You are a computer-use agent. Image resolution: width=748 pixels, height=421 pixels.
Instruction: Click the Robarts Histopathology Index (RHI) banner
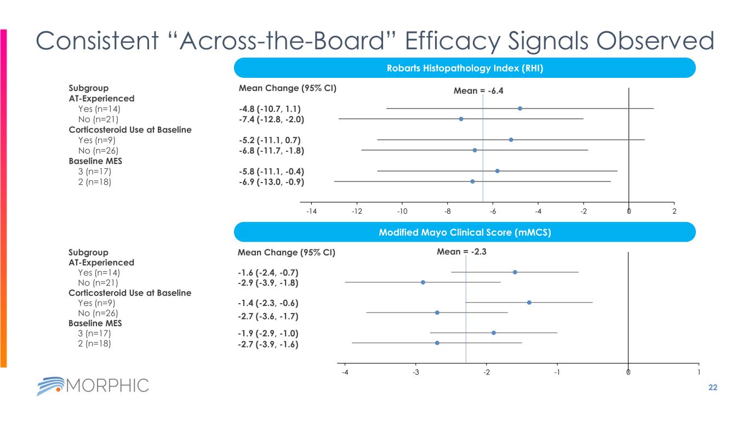point(465,68)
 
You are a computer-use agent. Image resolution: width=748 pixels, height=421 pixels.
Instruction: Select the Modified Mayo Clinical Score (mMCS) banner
point(465,232)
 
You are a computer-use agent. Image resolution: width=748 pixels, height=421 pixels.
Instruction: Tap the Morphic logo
point(93,385)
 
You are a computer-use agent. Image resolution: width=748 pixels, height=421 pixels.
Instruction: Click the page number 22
point(713,388)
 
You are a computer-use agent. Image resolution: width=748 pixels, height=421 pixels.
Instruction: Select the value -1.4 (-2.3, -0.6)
point(268,303)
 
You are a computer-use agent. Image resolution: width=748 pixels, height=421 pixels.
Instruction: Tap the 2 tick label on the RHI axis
point(674,212)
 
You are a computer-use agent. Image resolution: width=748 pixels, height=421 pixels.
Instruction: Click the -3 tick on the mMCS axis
point(415,373)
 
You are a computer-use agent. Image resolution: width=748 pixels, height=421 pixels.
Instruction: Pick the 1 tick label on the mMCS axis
point(699,373)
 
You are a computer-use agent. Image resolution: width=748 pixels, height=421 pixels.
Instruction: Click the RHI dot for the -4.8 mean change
point(519,109)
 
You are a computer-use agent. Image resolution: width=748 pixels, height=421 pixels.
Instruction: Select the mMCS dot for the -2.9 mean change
point(422,282)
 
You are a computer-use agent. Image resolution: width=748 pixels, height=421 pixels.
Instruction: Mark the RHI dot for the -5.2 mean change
point(511,140)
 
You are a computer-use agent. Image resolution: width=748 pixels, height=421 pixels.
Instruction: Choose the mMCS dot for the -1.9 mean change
point(493,333)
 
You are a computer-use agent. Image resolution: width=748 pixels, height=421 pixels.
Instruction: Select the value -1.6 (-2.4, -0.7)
point(268,272)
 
